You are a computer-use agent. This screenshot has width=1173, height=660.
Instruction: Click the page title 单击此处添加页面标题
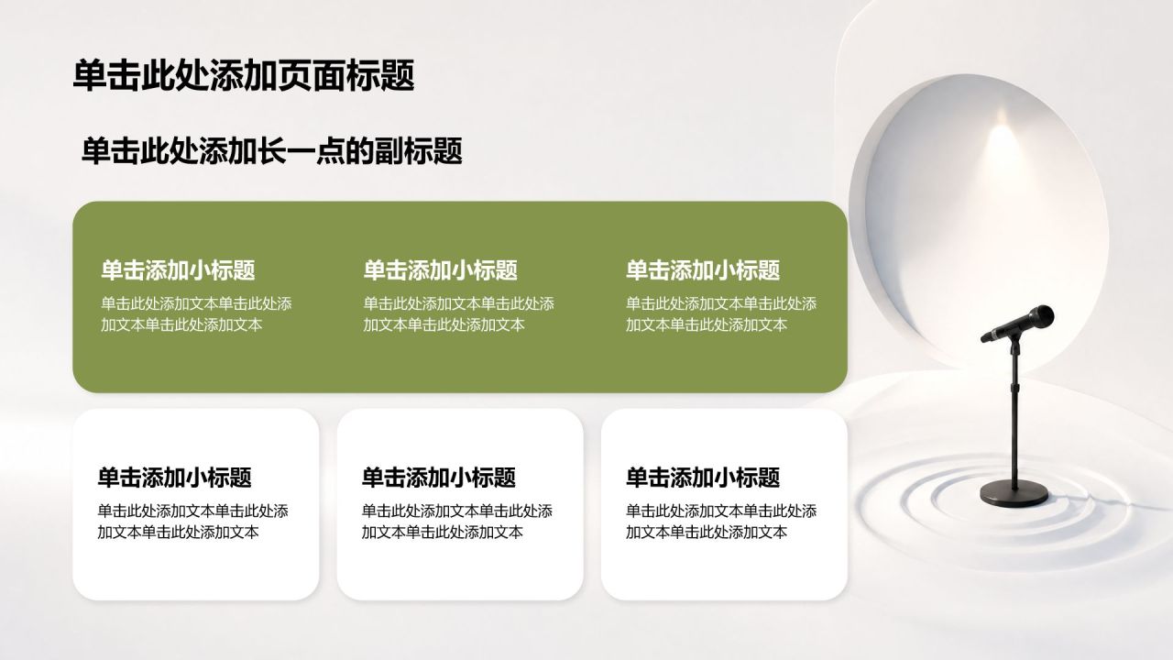point(244,75)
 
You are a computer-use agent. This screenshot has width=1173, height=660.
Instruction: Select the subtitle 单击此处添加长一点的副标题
point(272,151)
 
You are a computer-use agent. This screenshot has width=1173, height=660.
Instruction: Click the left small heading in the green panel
point(178,270)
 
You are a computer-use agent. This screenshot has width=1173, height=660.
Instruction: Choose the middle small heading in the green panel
point(441,270)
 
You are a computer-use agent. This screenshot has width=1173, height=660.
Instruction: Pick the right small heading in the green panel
point(703,270)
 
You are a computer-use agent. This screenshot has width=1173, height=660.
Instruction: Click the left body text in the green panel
point(196,314)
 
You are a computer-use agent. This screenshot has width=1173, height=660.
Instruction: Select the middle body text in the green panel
point(459,314)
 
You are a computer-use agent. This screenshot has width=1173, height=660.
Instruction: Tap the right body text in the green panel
point(721,314)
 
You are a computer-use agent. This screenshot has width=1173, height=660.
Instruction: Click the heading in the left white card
point(175,478)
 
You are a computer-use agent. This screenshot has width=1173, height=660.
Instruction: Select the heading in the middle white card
point(439,478)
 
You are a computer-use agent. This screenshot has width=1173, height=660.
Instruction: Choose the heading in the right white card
point(703,478)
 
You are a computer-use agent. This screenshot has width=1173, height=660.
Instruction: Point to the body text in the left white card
point(192,522)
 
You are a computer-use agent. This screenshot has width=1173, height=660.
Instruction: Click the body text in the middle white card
point(456,522)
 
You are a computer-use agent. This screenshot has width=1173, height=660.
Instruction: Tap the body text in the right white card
point(721,522)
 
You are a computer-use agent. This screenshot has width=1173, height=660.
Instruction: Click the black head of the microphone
point(1038,317)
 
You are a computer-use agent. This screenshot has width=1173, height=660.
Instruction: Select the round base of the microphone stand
point(1014,493)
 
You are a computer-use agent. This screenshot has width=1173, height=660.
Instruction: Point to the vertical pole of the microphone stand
point(1014,413)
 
